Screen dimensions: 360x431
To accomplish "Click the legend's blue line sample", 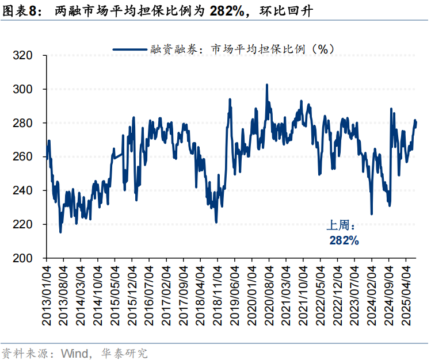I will (131, 49).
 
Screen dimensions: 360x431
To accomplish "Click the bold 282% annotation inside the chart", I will (344, 240).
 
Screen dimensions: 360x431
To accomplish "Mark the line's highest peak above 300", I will (267, 85).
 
